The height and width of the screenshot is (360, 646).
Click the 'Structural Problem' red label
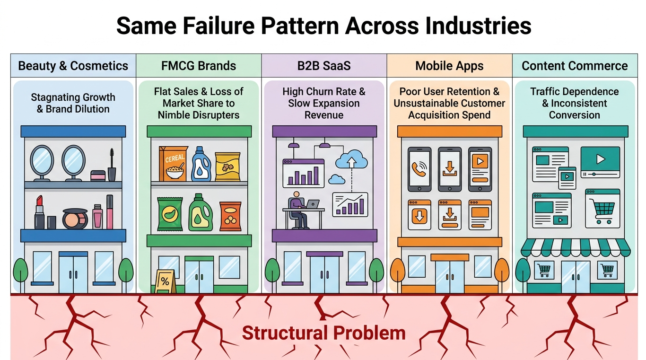323,333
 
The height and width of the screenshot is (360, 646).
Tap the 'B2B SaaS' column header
324,66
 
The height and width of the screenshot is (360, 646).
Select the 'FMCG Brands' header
199,66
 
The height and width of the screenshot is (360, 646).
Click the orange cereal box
173,164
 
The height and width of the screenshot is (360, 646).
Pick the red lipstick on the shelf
39,212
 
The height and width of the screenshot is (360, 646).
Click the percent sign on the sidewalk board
165,281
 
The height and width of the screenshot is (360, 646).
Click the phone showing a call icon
419,169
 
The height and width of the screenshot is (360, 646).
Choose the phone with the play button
480,169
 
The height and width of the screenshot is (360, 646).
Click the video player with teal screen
600,162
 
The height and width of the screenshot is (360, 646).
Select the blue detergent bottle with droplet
201,164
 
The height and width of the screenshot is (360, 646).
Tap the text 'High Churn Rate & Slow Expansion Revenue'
324,103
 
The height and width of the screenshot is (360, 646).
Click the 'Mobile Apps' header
449,66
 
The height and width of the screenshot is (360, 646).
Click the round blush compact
75,219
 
